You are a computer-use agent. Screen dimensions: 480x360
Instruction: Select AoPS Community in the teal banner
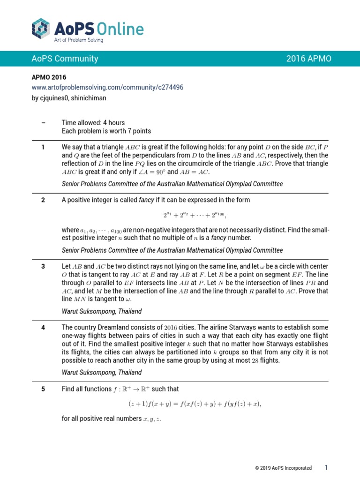(65, 59)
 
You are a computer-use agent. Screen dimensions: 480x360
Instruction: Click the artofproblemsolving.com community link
(107, 88)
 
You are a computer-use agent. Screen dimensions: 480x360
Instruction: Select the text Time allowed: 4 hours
(93, 123)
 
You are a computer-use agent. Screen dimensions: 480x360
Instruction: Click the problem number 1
(43, 147)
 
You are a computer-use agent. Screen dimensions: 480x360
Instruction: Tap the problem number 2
(43, 200)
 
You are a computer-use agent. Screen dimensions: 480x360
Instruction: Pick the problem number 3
(43, 266)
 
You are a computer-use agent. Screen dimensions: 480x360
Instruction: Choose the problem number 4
(43, 327)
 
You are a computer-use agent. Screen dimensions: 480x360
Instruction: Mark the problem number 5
(43, 389)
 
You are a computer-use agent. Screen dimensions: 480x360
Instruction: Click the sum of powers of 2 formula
(195, 215)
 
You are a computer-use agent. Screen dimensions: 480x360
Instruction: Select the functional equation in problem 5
(195, 404)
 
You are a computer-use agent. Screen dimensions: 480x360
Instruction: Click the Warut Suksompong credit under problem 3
(102, 311)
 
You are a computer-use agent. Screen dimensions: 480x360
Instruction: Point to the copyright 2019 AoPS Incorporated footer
(283, 468)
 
